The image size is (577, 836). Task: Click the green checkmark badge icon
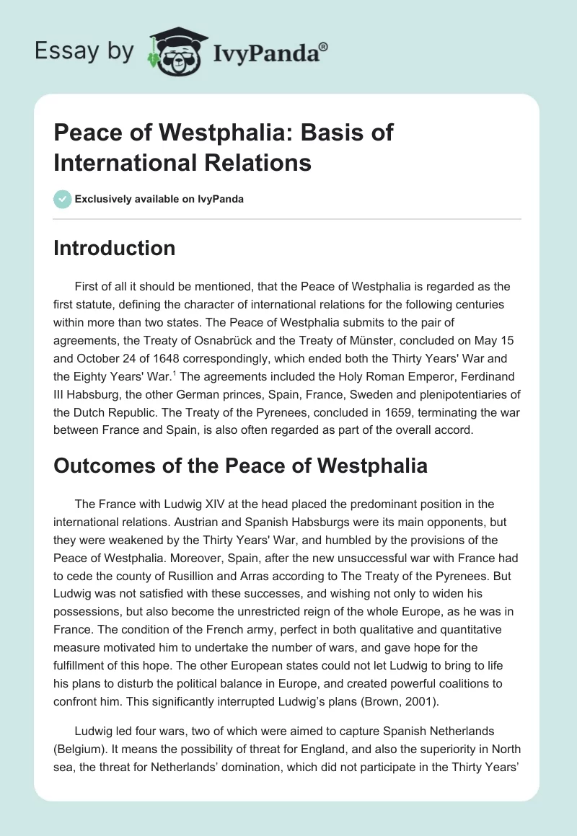(x=62, y=199)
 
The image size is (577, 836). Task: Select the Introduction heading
(x=114, y=248)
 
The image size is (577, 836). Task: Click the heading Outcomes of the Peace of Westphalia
(x=240, y=465)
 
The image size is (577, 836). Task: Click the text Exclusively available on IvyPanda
(x=159, y=199)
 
